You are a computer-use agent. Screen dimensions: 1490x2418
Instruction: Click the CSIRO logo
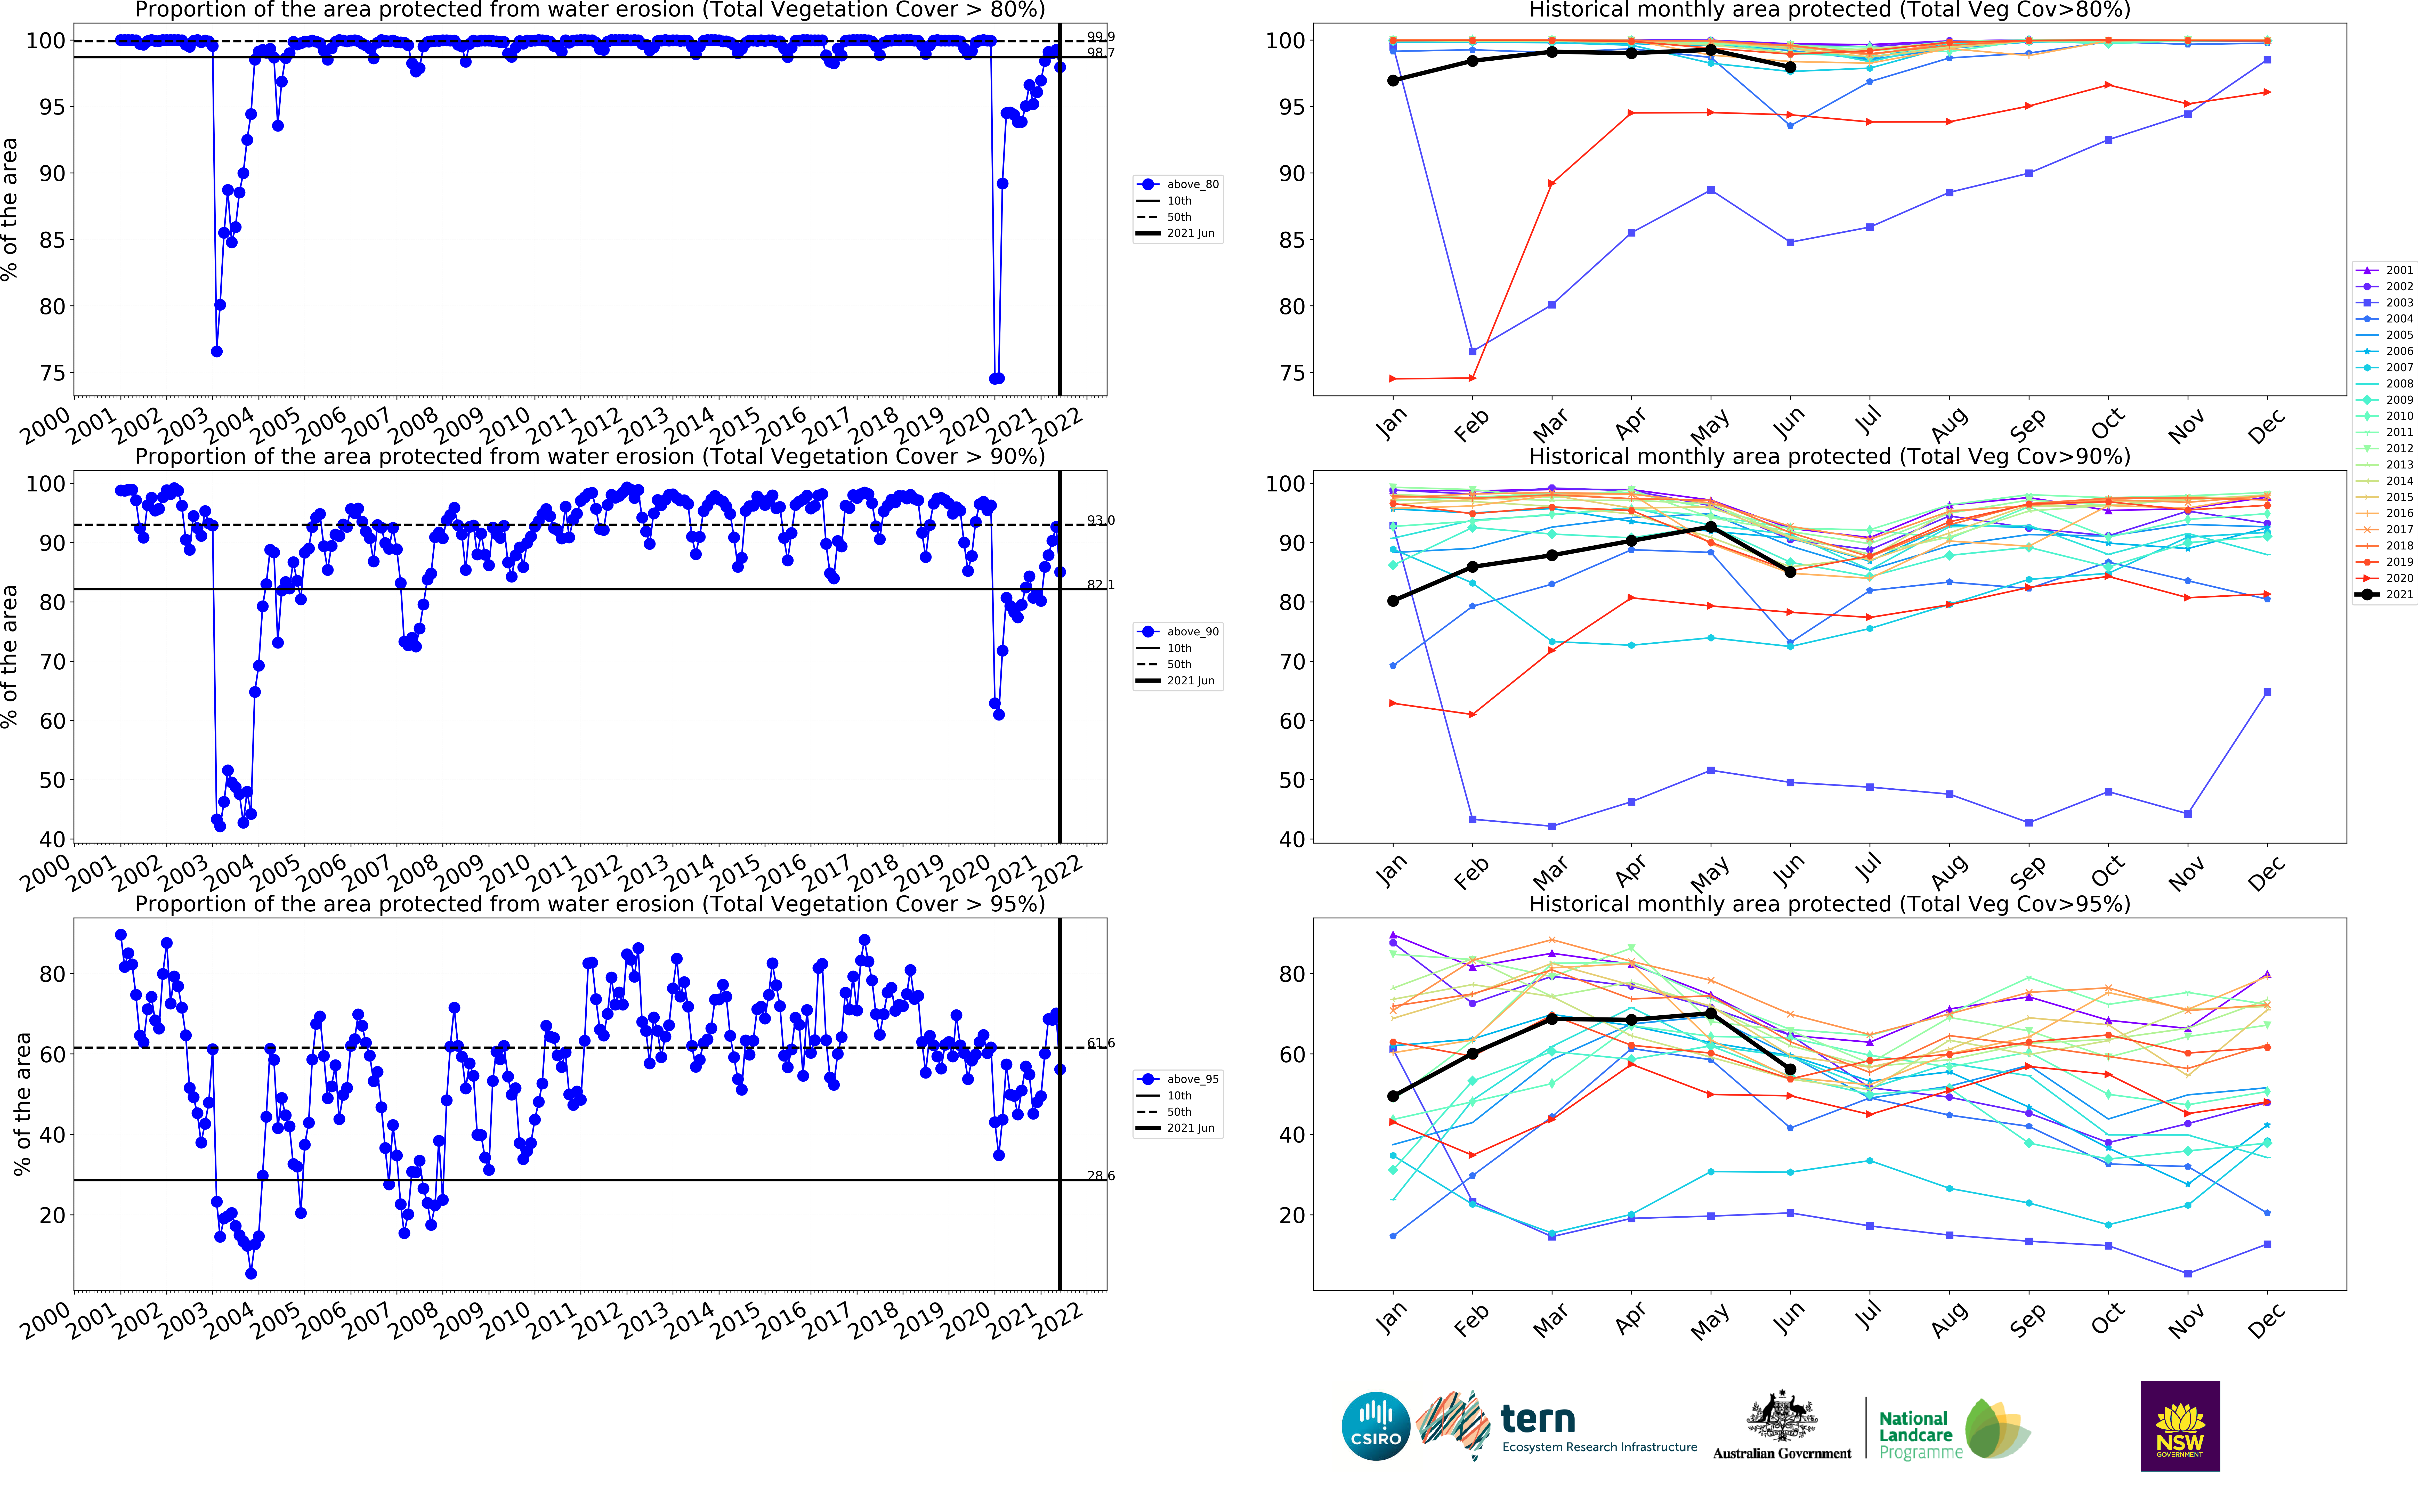pos(1376,1426)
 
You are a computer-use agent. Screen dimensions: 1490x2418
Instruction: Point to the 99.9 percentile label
pos(1101,36)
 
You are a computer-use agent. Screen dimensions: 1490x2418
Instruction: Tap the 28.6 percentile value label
pos(1101,1176)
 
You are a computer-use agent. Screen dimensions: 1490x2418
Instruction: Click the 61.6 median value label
pos(1101,1043)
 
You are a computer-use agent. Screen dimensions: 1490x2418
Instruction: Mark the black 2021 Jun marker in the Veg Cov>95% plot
pos(1790,1069)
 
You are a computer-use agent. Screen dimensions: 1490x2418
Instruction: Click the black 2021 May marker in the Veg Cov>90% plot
pos(1711,527)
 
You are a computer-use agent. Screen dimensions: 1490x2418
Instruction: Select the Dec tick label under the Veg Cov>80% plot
pos(2265,427)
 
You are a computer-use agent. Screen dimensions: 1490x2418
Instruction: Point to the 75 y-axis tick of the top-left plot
pos(51,374)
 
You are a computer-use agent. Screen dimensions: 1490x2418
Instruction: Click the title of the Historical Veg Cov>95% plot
pos(1829,904)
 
